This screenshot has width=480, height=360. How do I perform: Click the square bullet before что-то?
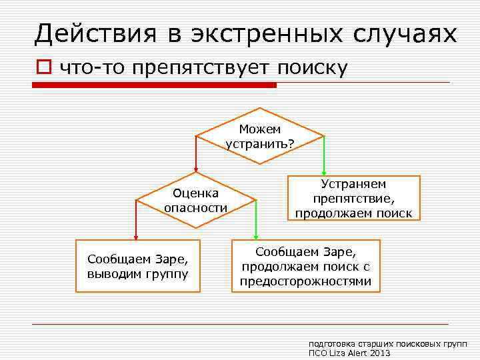point(44,67)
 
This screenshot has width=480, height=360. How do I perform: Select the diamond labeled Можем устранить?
point(261,136)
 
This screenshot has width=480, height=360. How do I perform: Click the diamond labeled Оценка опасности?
point(195,200)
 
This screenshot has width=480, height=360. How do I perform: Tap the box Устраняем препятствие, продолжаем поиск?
point(353,198)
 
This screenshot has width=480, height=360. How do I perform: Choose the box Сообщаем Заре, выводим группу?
point(137,266)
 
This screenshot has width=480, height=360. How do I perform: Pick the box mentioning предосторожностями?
point(305,266)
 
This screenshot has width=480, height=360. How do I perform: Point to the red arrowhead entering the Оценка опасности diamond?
point(195,169)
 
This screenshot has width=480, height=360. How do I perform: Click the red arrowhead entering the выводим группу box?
point(136,235)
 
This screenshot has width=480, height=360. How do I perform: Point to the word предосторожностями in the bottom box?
point(305,281)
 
